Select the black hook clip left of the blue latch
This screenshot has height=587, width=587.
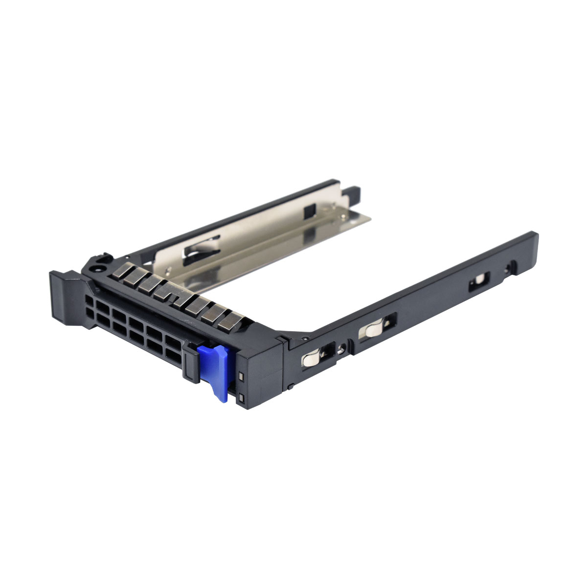191,362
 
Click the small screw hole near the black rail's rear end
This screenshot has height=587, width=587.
512,267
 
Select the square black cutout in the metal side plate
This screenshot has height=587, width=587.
310,211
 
